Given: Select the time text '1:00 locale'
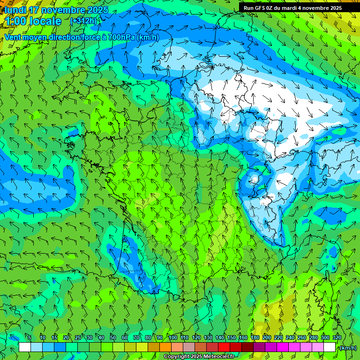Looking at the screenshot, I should click(33, 21).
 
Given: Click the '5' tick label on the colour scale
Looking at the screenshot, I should click(30, 337).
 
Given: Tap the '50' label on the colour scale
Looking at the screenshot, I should click(113, 337).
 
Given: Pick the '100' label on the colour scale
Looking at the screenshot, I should click(172, 337).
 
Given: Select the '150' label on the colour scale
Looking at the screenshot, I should click(232, 337).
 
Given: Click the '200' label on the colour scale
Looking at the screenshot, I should click(267, 337).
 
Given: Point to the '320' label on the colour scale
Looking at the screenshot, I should click(337, 337).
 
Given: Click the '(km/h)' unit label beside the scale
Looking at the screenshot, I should click(348, 347).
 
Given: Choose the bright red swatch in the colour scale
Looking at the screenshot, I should click(224, 347).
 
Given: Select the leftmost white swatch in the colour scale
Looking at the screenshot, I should click(24, 347).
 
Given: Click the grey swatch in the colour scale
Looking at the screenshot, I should click(189, 347).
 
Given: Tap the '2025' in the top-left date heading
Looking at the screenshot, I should click(97, 10).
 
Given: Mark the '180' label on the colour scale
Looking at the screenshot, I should click(255, 337).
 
